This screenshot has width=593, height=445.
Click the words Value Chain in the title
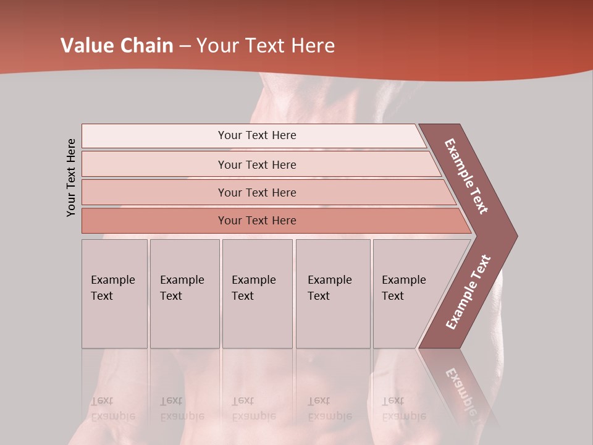pyautogui.click(x=117, y=46)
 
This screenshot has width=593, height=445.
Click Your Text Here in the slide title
pyautogui.click(x=266, y=46)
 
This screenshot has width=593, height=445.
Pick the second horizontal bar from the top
pyautogui.click(x=257, y=164)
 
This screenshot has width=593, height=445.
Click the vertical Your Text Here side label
pyautogui.click(x=72, y=177)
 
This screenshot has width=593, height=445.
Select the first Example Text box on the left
pyautogui.click(x=114, y=294)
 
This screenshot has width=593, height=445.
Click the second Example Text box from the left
pyautogui.click(x=184, y=294)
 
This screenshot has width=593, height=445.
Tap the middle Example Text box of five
pyautogui.click(x=257, y=294)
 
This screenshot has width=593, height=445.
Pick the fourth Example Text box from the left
pyautogui.click(x=332, y=294)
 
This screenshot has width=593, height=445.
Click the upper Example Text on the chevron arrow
pyautogui.click(x=466, y=177)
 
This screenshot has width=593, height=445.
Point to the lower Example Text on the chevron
pyautogui.click(x=468, y=292)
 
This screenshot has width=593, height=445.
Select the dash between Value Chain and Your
pyautogui.click(x=185, y=46)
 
